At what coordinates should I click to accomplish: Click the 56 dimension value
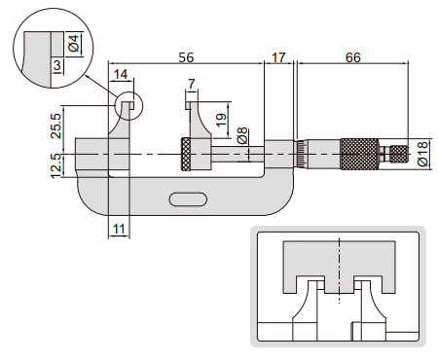point(186,57)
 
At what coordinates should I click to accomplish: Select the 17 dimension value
point(278,57)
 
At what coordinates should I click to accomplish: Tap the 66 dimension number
point(353,57)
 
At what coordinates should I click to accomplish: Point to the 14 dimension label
point(121,74)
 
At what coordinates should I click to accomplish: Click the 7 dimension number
point(192,84)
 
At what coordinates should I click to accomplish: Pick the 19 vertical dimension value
point(221,120)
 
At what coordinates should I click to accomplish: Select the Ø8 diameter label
point(242,135)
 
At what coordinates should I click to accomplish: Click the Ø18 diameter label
point(423,154)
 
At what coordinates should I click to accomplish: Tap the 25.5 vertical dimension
point(56,126)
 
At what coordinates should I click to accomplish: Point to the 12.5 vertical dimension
point(56,165)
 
